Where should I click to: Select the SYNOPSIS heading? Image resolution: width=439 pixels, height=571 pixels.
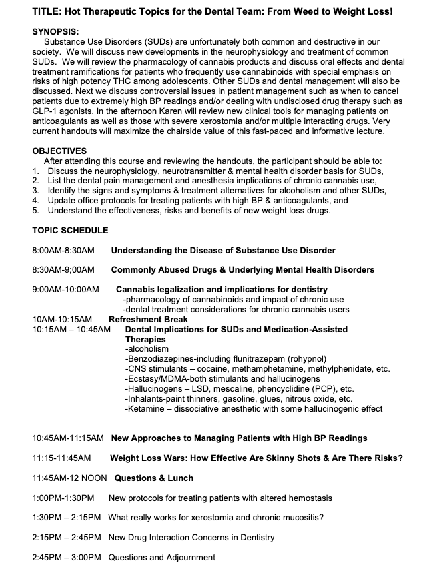click(56, 31)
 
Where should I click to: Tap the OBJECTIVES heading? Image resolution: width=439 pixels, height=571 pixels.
click(59, 151)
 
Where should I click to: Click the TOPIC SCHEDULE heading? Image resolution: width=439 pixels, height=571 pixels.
click(70, 230)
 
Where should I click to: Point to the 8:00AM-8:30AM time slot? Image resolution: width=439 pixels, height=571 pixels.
click(63, 250)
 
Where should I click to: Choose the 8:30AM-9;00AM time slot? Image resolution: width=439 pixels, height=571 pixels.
click(63, 270)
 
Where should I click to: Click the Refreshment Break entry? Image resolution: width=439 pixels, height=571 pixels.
click(148, 320)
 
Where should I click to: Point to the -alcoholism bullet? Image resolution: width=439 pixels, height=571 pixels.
click(147, 349)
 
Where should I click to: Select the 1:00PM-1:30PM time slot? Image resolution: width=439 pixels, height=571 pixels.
click(63, 498)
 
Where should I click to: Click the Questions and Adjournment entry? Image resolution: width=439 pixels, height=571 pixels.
click(162, 557)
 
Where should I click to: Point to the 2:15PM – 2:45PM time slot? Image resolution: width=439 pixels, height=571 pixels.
click(66, 537)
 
